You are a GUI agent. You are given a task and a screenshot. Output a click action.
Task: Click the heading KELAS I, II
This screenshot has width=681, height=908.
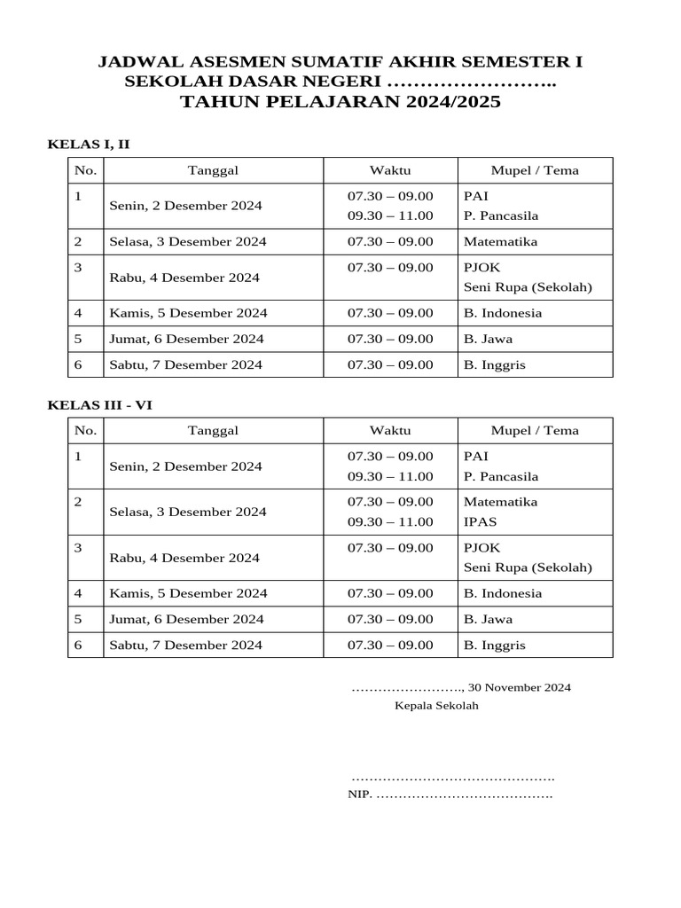[x=89, y=144]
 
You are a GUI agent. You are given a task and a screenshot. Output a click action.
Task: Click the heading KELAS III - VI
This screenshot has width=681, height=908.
[x=100, y=404]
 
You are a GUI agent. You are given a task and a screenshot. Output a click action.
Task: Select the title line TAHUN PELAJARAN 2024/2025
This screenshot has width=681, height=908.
[x=340, y=102]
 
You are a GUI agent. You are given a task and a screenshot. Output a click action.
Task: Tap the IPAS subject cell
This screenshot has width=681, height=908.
[x=480, y=522]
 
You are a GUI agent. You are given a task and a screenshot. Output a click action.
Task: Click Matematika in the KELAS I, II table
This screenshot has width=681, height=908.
[x=500, y=241]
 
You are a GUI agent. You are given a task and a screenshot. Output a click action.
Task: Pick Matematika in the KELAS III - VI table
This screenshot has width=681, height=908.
[x=500, y=501]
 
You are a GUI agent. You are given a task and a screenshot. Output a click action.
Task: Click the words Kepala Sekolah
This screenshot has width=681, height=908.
[x=436, y=706]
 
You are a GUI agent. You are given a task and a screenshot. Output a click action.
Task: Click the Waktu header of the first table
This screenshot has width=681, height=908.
[x=390, y=170]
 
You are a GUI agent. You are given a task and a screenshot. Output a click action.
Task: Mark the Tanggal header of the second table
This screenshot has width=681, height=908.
[x=213, y=430]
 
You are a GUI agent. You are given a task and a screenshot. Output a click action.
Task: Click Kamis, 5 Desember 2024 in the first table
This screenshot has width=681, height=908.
[x=188, y=313]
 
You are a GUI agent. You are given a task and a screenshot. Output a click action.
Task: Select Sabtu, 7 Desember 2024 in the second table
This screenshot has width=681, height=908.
[x=185, y=646]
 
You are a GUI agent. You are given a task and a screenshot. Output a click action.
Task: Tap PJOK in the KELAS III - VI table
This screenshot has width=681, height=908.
[x=481, y=548]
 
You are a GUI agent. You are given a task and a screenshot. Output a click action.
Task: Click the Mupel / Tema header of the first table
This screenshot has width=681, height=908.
[x=535, y=170]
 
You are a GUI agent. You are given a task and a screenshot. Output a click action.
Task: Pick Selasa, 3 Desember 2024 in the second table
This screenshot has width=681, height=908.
[x=188, y=512]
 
